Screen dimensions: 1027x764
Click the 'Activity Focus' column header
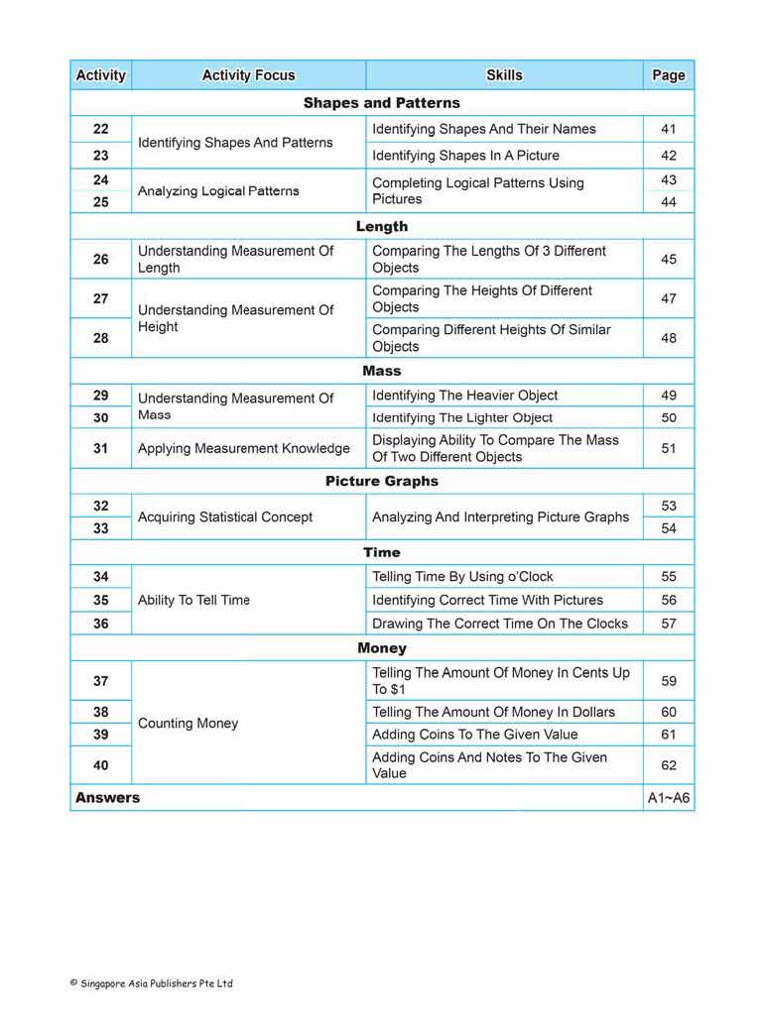point(248,75)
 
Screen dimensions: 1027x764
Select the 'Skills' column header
point(504,75)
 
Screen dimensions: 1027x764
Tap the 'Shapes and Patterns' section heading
point(382,103)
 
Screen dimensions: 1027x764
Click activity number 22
point(101,129)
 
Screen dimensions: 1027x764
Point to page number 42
point(669,156)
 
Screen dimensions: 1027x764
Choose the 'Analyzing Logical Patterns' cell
point(218,190)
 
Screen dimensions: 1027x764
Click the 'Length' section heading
point(382,227)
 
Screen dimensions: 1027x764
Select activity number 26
point(101,260)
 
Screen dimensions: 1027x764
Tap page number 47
point(669,298)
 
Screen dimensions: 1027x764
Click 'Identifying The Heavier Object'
point(465,396)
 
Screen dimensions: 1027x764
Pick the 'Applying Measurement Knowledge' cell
point(244,448)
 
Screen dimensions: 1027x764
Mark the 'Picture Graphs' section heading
point(382,482)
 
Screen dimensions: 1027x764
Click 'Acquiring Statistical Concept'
point(225,516)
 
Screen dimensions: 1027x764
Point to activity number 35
point(101,601)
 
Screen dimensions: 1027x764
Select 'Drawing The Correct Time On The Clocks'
point(500,624)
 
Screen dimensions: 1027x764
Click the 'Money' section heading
point(382,648)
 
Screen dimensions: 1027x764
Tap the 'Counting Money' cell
point(189,724)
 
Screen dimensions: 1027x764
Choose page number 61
point(669,735)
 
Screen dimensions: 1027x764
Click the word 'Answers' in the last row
point(108,798)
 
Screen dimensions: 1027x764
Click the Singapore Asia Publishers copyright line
point(152,983)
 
